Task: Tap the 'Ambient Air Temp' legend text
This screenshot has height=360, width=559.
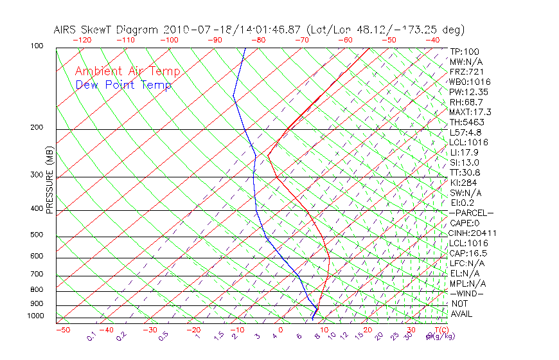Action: (127, 72)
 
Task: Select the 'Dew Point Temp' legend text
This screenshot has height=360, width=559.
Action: (123, 85)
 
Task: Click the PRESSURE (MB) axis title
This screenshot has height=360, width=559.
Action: (50, 181)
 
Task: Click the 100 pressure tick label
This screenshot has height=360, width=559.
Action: (37, 46)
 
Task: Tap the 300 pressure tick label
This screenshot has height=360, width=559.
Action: (37, 175)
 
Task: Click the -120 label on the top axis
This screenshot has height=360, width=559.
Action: (82, 40)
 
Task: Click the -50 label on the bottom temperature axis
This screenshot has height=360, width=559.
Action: (62, 330)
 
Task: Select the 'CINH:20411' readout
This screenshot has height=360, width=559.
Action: (474, 233)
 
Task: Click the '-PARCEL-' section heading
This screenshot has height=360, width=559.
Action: (471, 213)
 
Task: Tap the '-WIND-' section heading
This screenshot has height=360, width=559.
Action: (466, 294)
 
